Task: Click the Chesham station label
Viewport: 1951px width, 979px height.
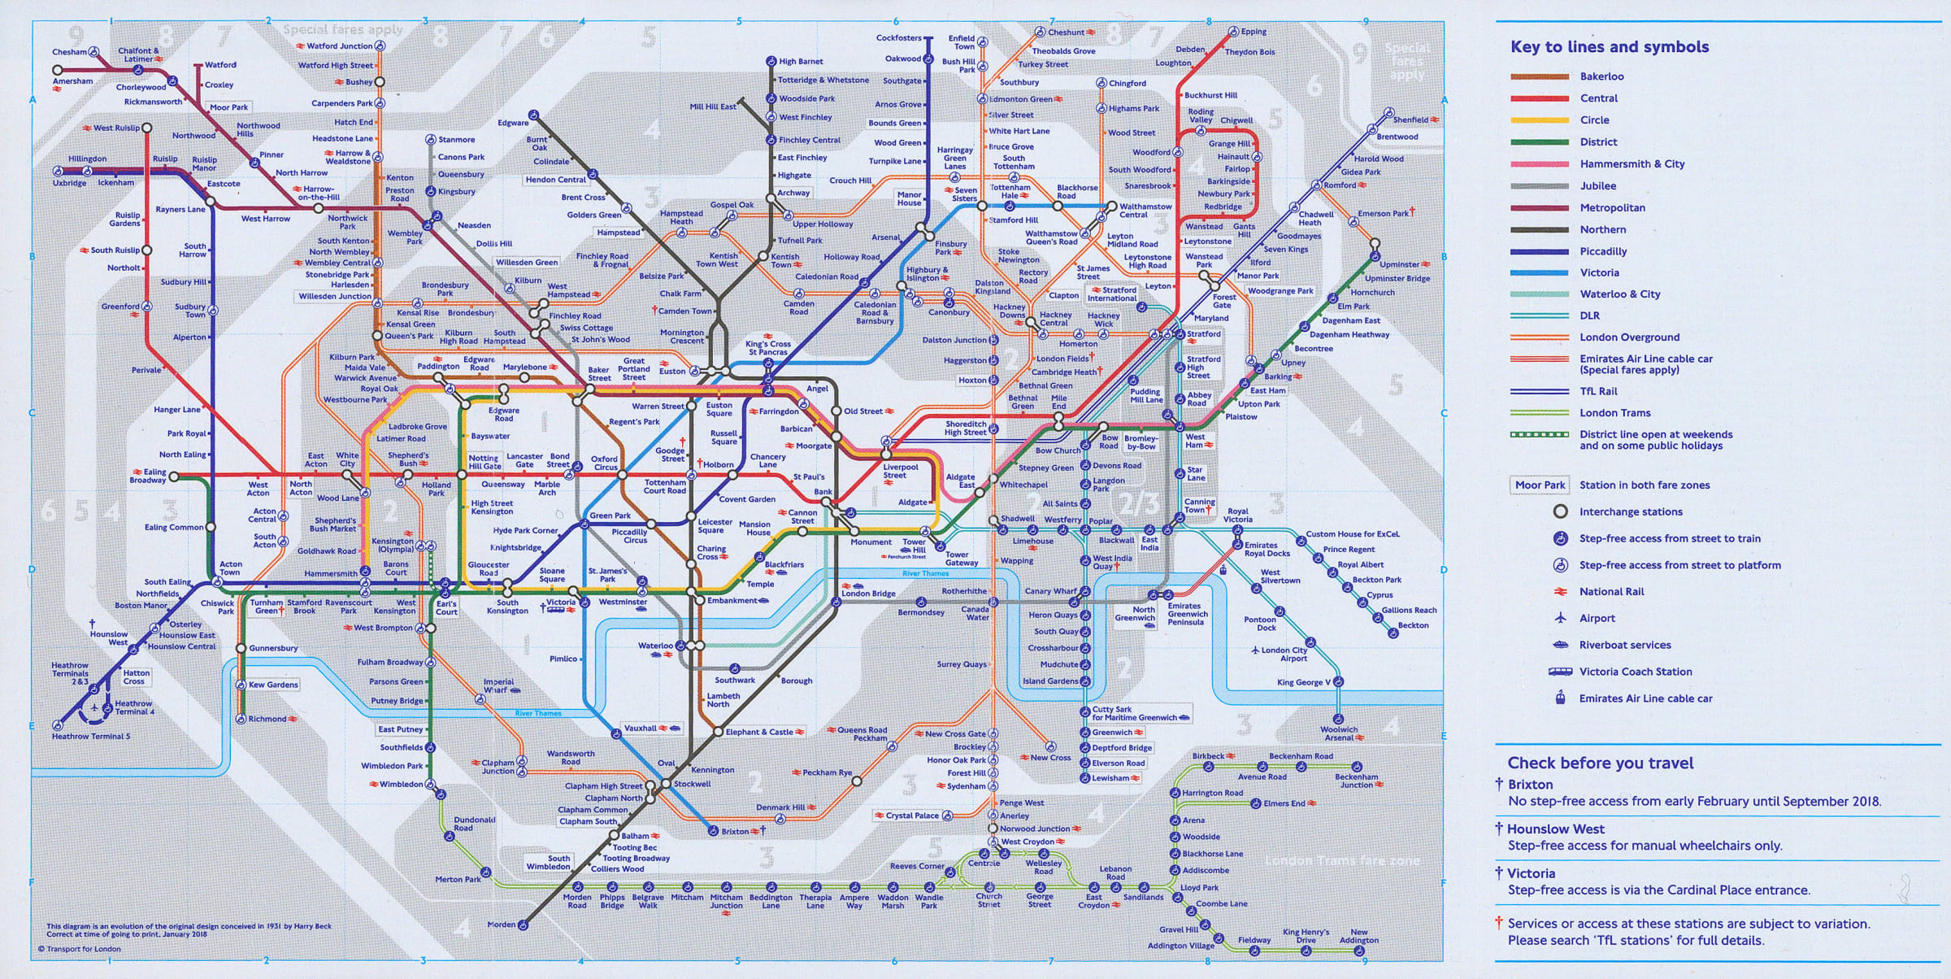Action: click(x=69, y=52)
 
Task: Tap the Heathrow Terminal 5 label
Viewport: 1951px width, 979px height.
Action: click(x=90, y=737)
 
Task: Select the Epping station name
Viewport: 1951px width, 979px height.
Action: click(x=1254, y=32)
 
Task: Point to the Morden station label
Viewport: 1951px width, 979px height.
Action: click(x=501, y=925)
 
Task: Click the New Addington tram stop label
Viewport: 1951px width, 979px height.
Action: click(x=1358, y=936)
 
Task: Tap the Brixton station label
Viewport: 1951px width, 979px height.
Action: click(x=735, y=831)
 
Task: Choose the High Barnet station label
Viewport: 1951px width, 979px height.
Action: click(x=801, y=62)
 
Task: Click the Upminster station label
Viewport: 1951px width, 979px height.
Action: click(x=1399, y=264)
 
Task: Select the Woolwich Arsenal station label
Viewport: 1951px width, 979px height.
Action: click(x=1339, y=733)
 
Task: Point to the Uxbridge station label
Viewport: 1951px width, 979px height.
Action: click(x=69, y=183)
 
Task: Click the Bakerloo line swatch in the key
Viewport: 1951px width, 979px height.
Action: click(x=1540, y=76)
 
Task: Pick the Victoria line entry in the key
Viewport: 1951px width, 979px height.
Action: click(x=1599, y=272)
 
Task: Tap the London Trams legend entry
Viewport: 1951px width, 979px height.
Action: click(x=1614, y=412)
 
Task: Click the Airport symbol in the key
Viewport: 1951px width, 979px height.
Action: click(x=1560, y=618)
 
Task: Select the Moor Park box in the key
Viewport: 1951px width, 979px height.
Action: click(x=1540, y=485)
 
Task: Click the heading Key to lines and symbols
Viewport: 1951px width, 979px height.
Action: click(x=1609, y=47)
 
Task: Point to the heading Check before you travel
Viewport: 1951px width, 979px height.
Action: click(x=1600, y=763)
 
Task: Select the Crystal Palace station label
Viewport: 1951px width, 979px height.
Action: click(x=911, y=816)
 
